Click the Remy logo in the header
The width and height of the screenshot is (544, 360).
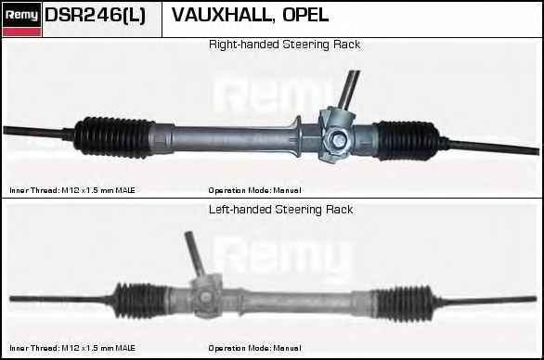[21, 15]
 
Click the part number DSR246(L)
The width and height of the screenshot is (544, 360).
[95, 15]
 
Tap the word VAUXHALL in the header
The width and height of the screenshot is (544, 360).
[221, 15]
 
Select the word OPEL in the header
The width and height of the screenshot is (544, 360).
[305, 15]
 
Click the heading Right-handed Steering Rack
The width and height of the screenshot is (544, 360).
[284, 45]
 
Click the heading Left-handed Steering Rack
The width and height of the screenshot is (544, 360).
[280, 210]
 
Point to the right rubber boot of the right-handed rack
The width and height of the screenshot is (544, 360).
[407, 140]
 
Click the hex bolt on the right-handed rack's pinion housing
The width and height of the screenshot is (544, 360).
[339, 140]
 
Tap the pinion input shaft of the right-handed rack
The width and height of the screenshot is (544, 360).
[349, 90]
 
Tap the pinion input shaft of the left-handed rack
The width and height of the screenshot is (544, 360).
[195, 254]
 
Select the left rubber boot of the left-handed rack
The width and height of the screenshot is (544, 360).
[139, 301]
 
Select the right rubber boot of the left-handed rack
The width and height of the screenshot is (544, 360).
[404, 303]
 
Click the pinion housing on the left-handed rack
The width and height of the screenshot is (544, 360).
[207, 296]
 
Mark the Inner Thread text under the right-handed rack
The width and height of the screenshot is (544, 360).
[72, 190]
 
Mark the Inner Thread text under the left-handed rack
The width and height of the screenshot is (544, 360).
[72, 348]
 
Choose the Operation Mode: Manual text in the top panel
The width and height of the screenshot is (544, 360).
[254, 190]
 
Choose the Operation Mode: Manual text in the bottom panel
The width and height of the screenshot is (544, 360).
[254, 348]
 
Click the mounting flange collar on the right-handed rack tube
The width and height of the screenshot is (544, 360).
[297, 136]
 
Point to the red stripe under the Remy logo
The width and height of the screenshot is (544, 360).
[21, 32]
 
